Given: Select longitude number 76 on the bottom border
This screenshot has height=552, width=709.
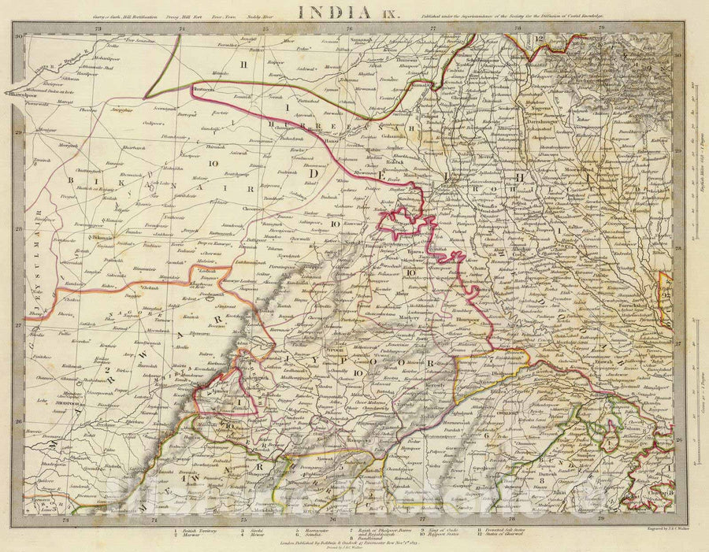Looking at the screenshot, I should click(333, 519).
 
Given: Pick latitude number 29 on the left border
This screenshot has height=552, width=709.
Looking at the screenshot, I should click(17, 135).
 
